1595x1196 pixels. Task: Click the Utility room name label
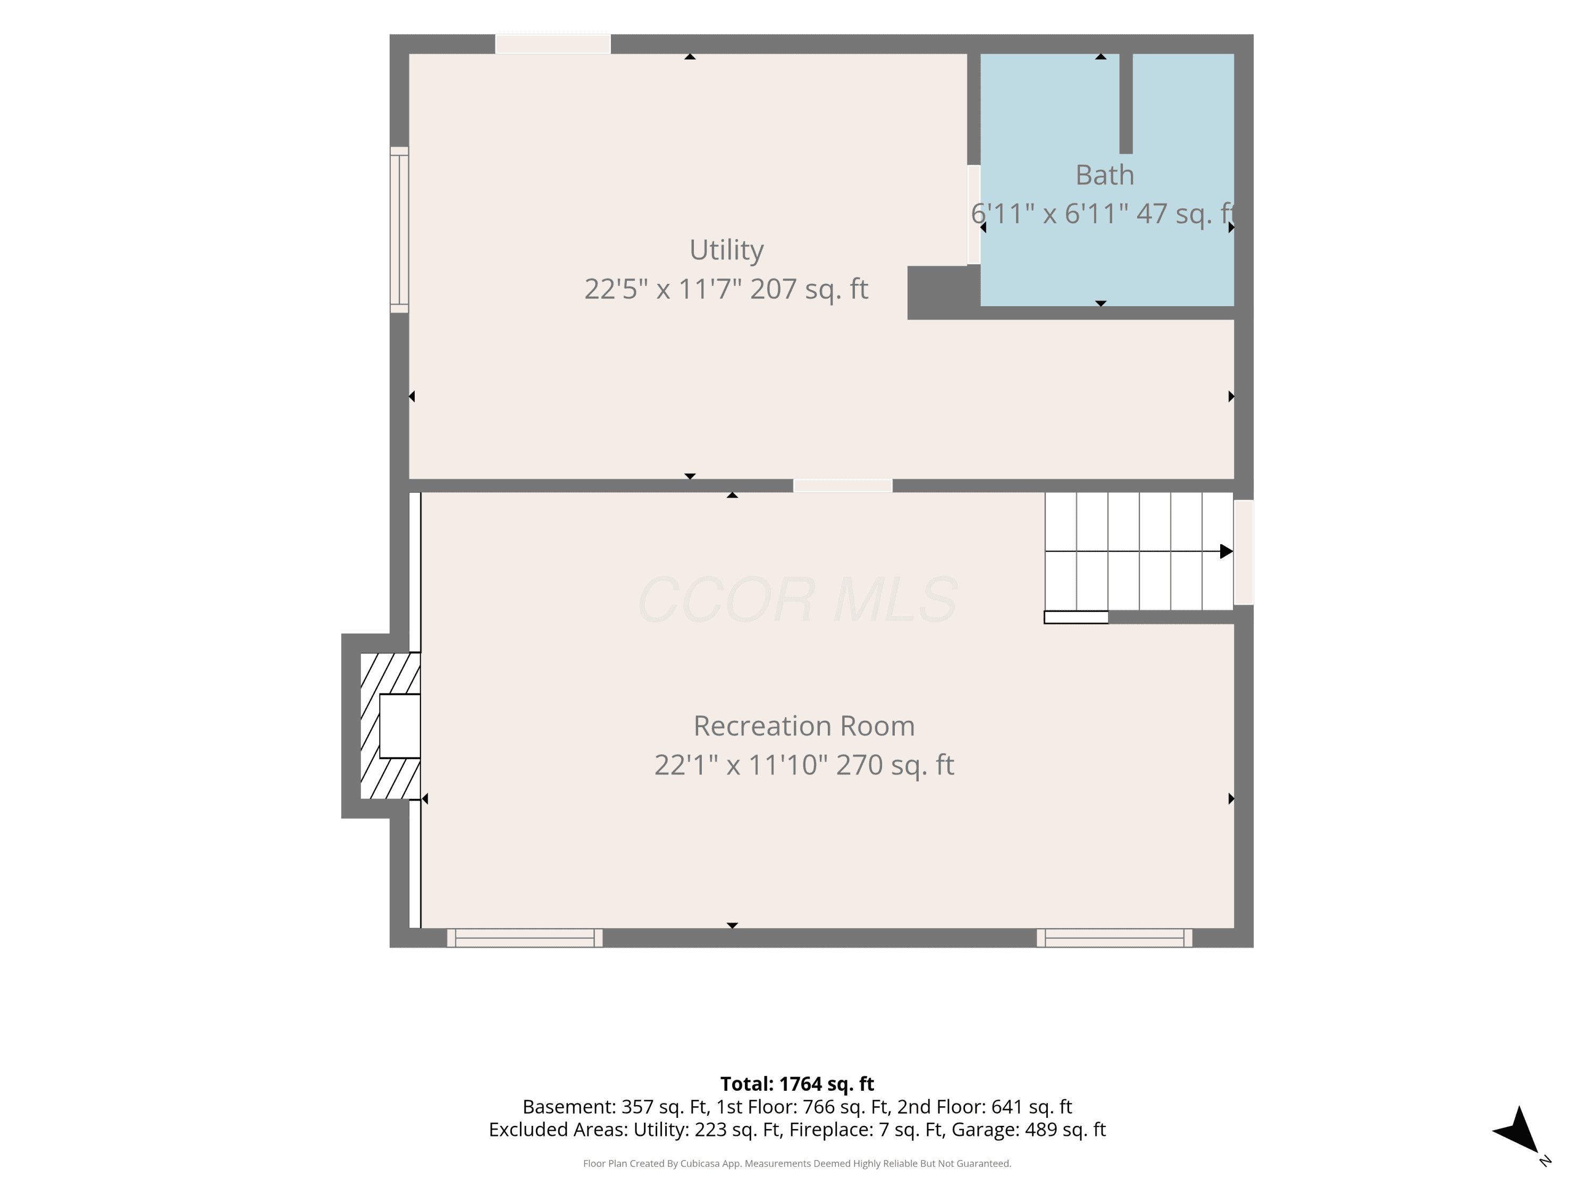click(726, 250)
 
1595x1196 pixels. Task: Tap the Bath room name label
click(1105, 175)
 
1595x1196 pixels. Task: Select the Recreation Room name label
click(804, 726)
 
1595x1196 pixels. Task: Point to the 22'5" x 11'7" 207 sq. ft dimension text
click(726, 289)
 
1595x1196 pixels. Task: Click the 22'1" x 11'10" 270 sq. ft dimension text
click(804, 765)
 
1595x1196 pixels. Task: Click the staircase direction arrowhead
click(1226, 552)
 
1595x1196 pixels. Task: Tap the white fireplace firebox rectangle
click(399, 726)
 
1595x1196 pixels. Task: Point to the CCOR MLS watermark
click(797, 600)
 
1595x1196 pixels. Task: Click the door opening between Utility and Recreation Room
click(843, 486)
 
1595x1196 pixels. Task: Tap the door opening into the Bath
click(973, 215)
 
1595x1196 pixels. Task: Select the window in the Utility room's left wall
click(399, 230)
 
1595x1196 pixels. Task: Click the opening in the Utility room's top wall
click(553, 44)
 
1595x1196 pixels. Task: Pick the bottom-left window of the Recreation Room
click(525, 938)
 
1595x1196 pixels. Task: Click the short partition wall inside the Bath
click(1126, 104)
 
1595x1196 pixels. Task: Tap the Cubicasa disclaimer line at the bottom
click(797, 1164)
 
